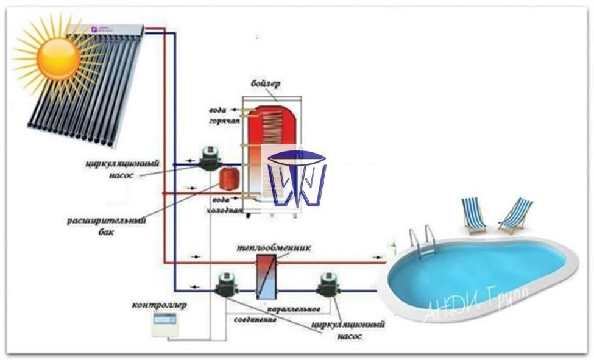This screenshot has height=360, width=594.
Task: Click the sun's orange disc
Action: tap(58, 58)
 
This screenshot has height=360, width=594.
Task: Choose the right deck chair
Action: tap(515, 214)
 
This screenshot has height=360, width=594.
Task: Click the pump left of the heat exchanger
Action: tap(226, 284)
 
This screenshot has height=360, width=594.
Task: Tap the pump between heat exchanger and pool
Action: tap(329, 284)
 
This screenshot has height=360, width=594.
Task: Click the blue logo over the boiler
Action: tap(297, 177)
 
